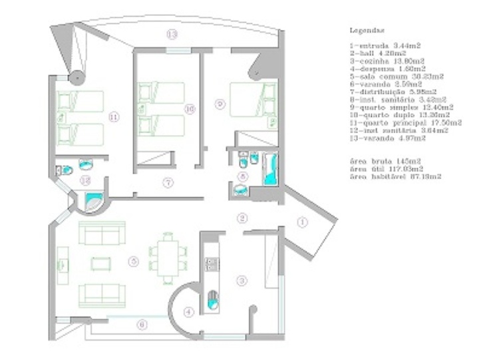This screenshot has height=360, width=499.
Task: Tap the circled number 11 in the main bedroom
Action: [114, 116]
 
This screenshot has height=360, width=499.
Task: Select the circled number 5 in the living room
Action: [134, 262]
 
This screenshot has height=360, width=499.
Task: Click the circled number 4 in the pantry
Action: [189, 311]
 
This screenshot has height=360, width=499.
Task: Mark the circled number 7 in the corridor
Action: [168, 182]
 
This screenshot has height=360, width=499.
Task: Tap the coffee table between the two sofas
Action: [100, 264]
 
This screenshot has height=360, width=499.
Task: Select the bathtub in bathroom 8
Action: [271, 169]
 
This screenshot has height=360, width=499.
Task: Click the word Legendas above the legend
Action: [367, 30]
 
